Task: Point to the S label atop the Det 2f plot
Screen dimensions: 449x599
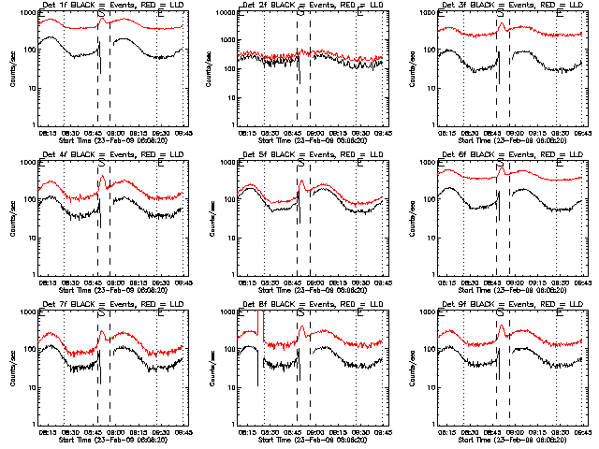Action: (300, 14)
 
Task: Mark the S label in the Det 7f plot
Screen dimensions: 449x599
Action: (100, 313)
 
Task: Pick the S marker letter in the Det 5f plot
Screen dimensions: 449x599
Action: (300, 164)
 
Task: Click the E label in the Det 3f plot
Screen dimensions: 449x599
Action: (561, 14)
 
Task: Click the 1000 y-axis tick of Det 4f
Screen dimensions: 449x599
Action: (27, 163)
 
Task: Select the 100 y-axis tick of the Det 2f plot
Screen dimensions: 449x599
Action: (230, 51)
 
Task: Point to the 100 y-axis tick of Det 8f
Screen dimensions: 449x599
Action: (230, 350)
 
